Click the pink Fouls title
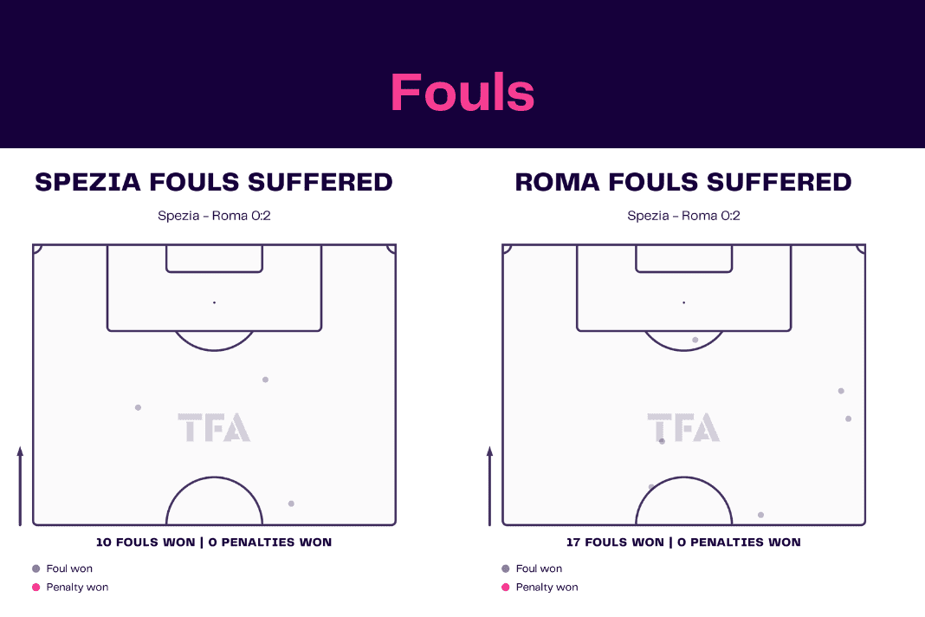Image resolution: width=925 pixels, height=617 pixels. point(462,92)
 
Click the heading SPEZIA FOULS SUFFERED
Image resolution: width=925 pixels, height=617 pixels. point(214,182)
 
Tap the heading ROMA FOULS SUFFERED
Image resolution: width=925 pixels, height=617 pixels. point(683,182)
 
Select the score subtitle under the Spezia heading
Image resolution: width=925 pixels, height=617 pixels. point(214,216)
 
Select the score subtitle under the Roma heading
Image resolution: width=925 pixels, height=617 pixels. point(683,216)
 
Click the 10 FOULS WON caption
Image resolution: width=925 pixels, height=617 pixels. point(146,542)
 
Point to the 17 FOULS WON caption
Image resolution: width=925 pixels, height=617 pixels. point(615,542)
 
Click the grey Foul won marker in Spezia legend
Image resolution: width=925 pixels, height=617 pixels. point(36,568)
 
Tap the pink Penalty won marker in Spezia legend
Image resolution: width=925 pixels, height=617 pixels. point(36,587)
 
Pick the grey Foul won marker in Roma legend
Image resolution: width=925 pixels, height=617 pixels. point(506,568)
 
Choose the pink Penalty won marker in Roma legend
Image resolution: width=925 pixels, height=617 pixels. point(506,587)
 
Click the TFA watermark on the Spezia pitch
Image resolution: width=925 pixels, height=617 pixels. point(214,427)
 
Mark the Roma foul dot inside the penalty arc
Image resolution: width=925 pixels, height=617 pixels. point(695,340)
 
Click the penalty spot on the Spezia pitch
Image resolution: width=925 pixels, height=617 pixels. point(214,302)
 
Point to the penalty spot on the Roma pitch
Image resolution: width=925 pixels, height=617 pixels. point(683,302)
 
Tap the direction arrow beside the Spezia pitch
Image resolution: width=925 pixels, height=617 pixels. point(20,486)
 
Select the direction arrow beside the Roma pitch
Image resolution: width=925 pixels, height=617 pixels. point(489,486)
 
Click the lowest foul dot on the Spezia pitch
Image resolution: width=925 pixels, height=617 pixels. point(291,503)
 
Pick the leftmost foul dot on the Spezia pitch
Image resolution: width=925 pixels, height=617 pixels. point(138,407)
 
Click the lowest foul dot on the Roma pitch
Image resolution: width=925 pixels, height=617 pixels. point(761,515)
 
